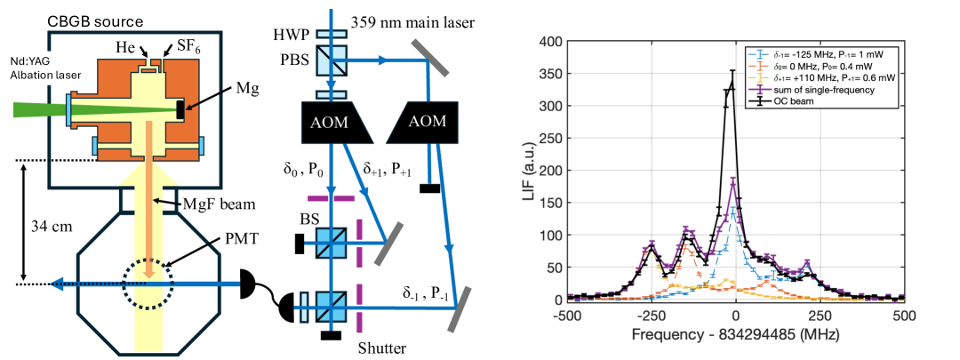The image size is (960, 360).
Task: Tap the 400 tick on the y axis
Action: tap(554, 41)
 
